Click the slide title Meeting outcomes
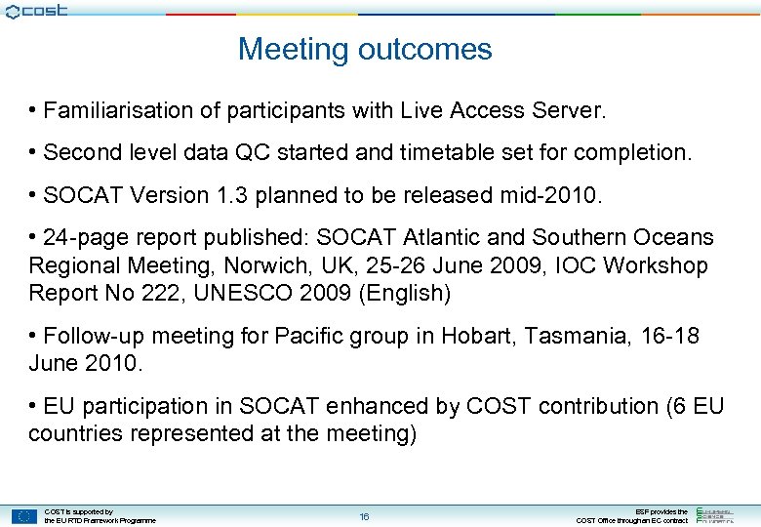(365, 49)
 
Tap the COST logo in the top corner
(35, 11)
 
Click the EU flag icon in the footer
(23, 516)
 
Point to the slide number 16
(364, 516)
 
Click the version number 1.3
(237, 195)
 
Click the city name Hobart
(476, 337)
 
